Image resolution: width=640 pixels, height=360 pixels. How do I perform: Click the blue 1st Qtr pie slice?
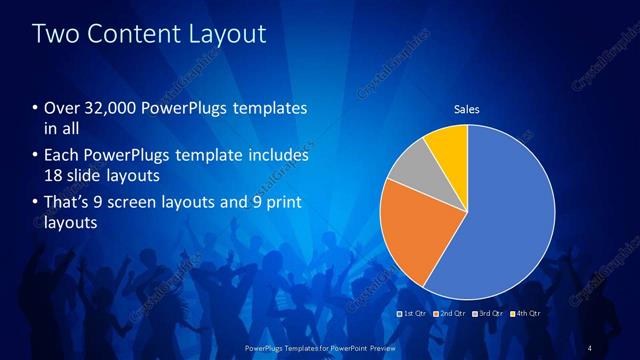click(x=510, y=220)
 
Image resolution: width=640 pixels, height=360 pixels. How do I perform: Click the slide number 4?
click(x=590, y=347)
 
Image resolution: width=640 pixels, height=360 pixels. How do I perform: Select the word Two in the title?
click(x=56, y=34)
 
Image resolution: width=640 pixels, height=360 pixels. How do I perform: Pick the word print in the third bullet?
click(x=279, y=203)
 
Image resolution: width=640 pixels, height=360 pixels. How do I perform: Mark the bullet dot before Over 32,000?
click(x=36, y=108)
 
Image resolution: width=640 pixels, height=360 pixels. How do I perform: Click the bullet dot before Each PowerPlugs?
click(x=36, y=156)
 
